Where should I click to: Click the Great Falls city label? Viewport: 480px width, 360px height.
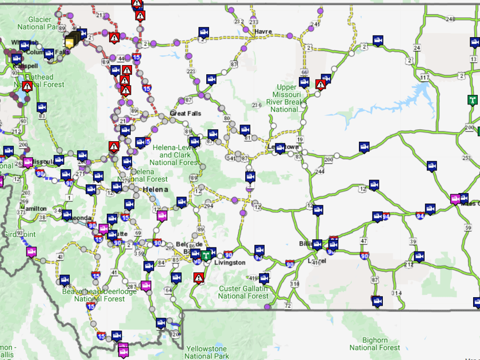pos(185,113)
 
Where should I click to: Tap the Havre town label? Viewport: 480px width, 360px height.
pos(263,31)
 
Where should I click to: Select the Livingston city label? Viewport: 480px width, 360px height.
pos(229,262)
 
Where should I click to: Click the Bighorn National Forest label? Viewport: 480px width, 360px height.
pos(375,343)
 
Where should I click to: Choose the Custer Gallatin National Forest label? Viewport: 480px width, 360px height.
pos(243,292)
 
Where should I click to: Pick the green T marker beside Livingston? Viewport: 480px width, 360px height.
pos(211,252)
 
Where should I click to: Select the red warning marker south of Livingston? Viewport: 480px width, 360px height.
pos(198,278)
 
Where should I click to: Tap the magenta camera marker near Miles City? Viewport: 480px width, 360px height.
pos(455,199)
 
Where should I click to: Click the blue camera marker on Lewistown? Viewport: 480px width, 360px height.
pos(279,148)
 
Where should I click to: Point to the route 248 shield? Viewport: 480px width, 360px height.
pos(450,19)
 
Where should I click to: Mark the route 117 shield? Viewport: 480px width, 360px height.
pos(425,77)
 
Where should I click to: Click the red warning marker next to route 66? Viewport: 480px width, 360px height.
pos(321,85)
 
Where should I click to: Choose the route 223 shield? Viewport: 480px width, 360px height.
pos(191,71)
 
